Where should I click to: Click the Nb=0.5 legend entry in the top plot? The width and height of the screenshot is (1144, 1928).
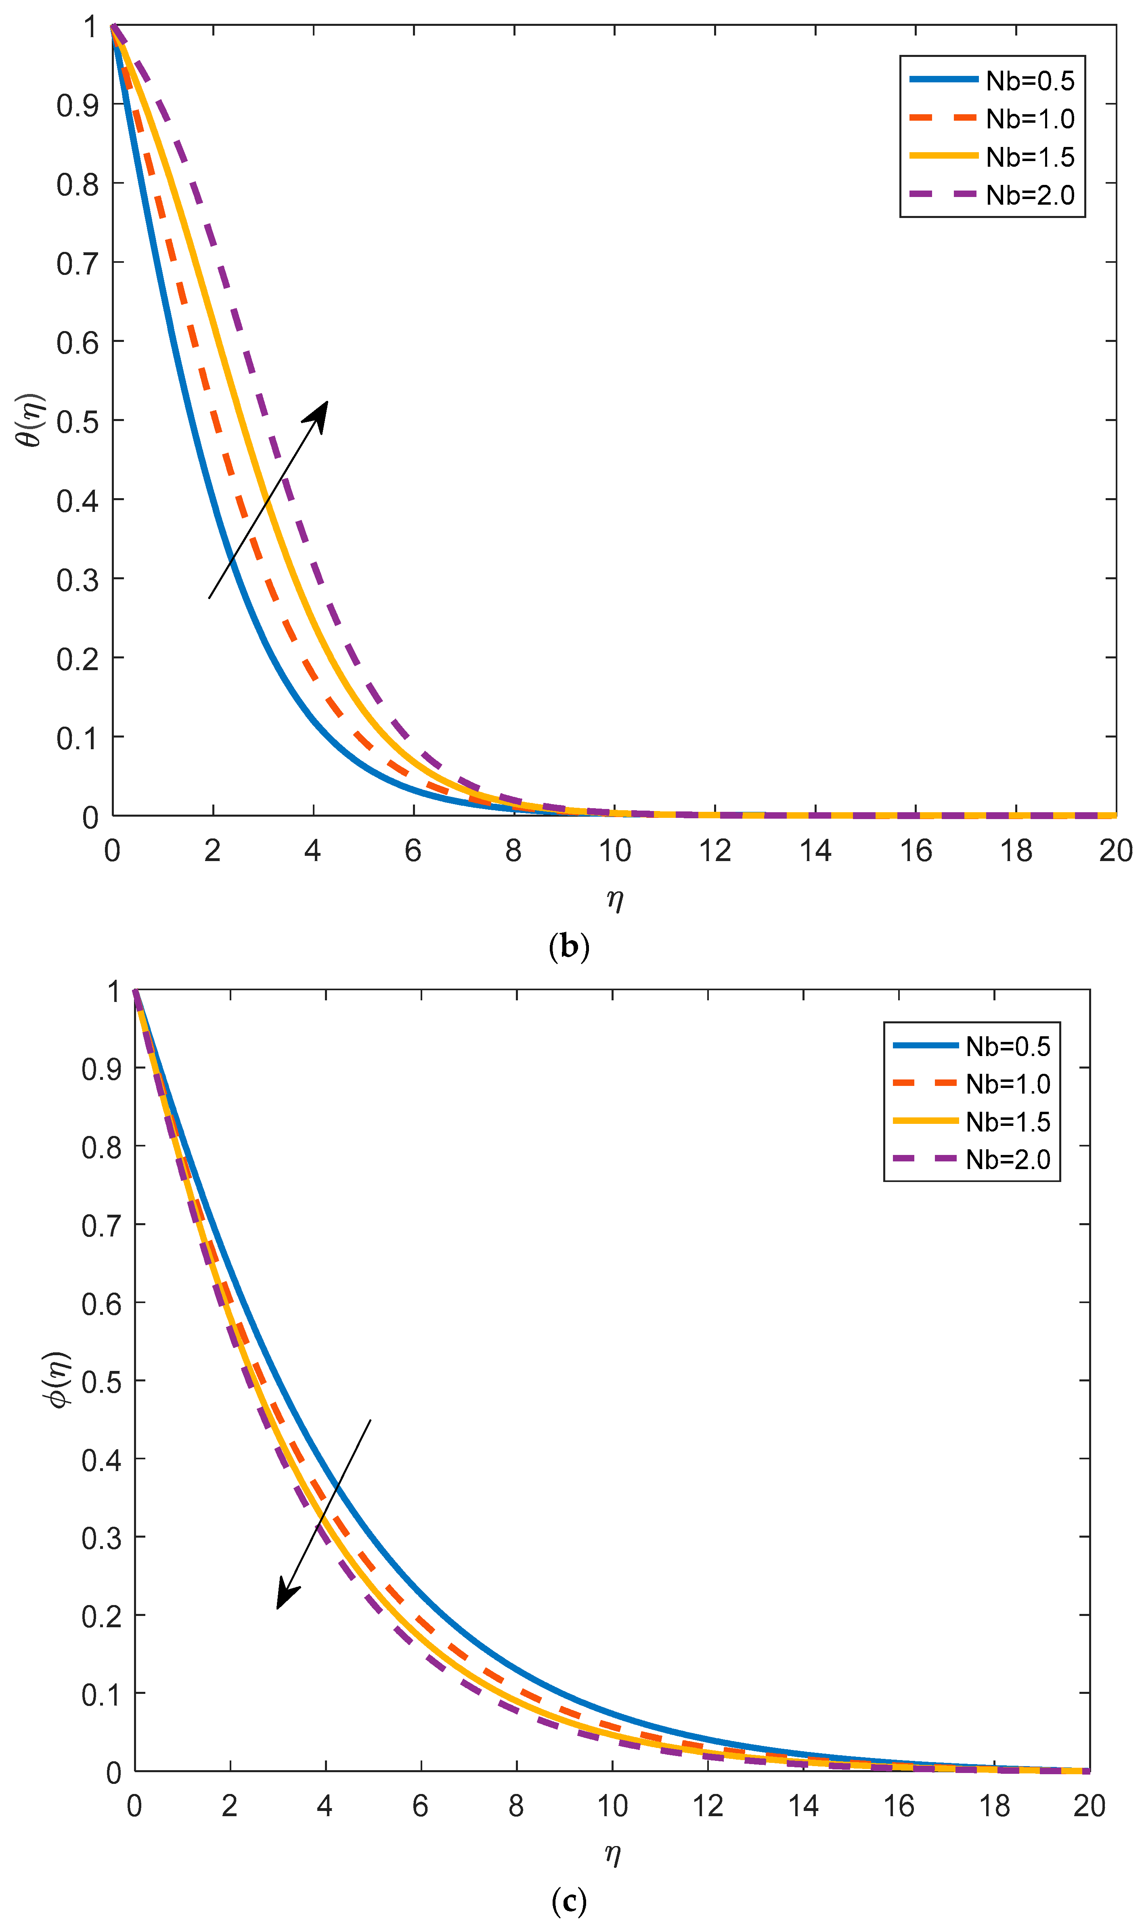click(x=992, y=80)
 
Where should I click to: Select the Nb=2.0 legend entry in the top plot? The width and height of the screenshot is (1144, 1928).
click(x=992, y=195)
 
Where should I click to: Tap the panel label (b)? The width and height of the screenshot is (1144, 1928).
click(x=569, y=947)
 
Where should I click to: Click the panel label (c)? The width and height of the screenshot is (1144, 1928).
click(x=569, y=1901)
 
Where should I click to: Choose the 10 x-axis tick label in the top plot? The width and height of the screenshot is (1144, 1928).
click(x=614, y=851)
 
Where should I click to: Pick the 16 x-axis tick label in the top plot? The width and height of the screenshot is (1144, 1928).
click(x=916, y=851)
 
